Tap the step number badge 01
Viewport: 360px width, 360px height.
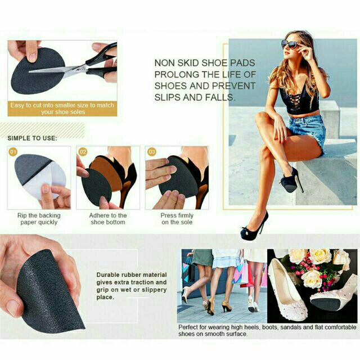(13, 152)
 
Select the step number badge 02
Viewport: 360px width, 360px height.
(83, 152)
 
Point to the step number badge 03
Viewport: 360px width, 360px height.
(152, 152)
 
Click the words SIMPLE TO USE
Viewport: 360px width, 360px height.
(32, 138)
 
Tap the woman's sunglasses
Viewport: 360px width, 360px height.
(290, 44)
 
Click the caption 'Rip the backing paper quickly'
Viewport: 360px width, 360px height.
(39, 219)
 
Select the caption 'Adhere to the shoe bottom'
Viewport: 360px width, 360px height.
(108, 219)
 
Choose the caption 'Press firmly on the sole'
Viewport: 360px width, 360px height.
(177, 219)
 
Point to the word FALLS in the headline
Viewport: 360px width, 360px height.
(220, 97)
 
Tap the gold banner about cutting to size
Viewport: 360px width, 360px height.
(62, 109)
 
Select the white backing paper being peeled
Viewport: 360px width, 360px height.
(46, 181)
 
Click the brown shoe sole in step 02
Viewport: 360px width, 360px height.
(106, 170)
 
